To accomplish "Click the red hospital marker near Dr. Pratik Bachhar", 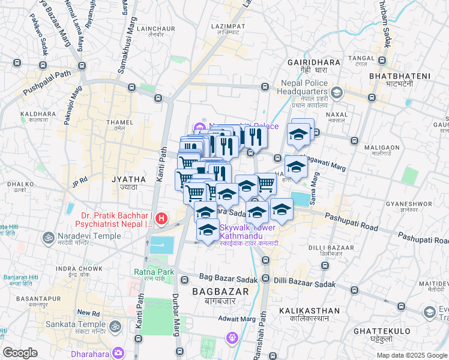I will pyautogui.click(x=161, y=220).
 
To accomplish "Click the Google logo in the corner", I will pyautogui.click(x=20, y=353).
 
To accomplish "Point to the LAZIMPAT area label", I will pyautogui.click(x=228, y=27).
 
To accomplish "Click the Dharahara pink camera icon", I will pyautogui.click(x=118, y=353).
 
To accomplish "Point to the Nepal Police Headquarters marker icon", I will pyautogui.click(x=337, y=92).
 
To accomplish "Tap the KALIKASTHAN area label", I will pyautogui.click(x=309, y=310).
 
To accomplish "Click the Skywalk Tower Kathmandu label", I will pyautogui.click(x=247, y=232).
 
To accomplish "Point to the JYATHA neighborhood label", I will pyautogui.click(x=128, y=179).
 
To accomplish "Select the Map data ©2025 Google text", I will pyautogui.click(x=412, y=355).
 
